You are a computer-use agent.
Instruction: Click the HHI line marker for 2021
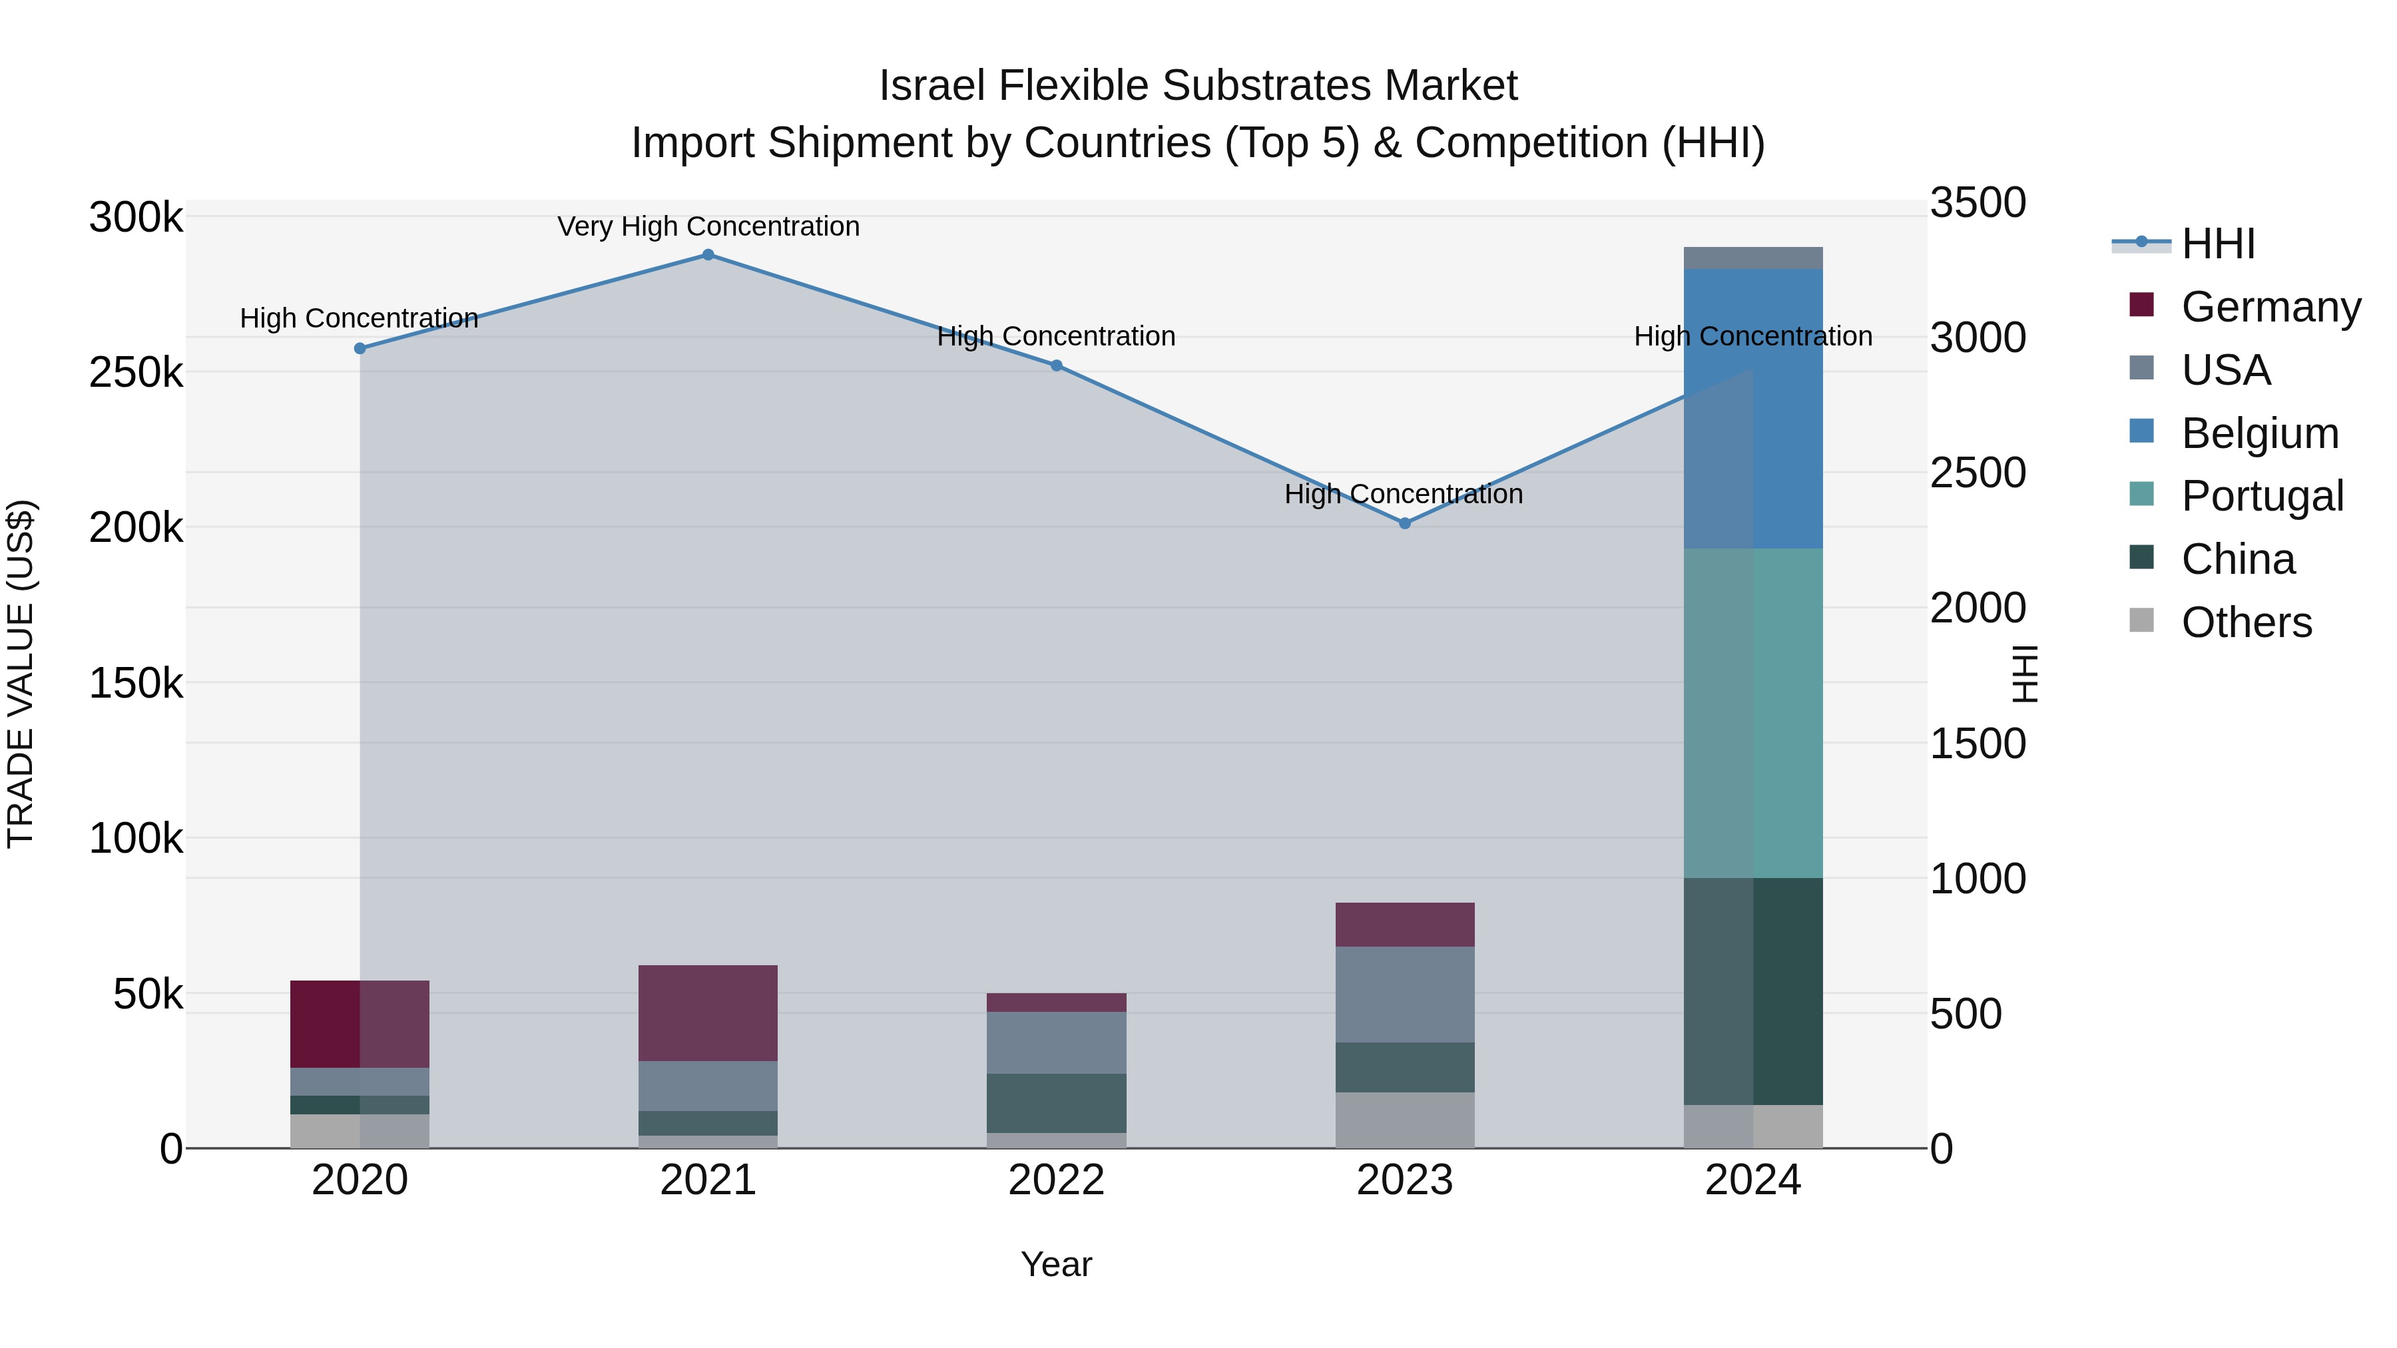coord(708,255)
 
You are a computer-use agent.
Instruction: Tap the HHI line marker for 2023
coord(1405,524)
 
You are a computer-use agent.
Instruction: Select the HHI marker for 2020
coord(360,349)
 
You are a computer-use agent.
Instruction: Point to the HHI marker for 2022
coord(1056,365)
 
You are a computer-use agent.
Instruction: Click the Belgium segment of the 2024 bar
coord(1753,409)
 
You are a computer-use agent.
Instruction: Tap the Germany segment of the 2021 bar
coord(708,1013)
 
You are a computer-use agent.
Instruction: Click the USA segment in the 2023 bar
coord(1405,995)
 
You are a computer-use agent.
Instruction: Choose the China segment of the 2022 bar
coord(1056,1103)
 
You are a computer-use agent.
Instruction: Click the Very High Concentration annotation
coord(708,227)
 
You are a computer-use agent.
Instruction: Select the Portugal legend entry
coord(2261,496)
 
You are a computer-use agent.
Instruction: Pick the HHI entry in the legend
coord(2217,244)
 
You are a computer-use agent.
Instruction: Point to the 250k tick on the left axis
coord(136,373)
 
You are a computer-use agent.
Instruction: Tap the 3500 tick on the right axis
coord(1978,203)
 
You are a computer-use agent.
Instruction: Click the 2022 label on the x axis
coord(1056,1180)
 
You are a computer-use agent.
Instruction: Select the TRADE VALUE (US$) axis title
coord(21,674)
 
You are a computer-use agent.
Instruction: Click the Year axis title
coord(1056,1264)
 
